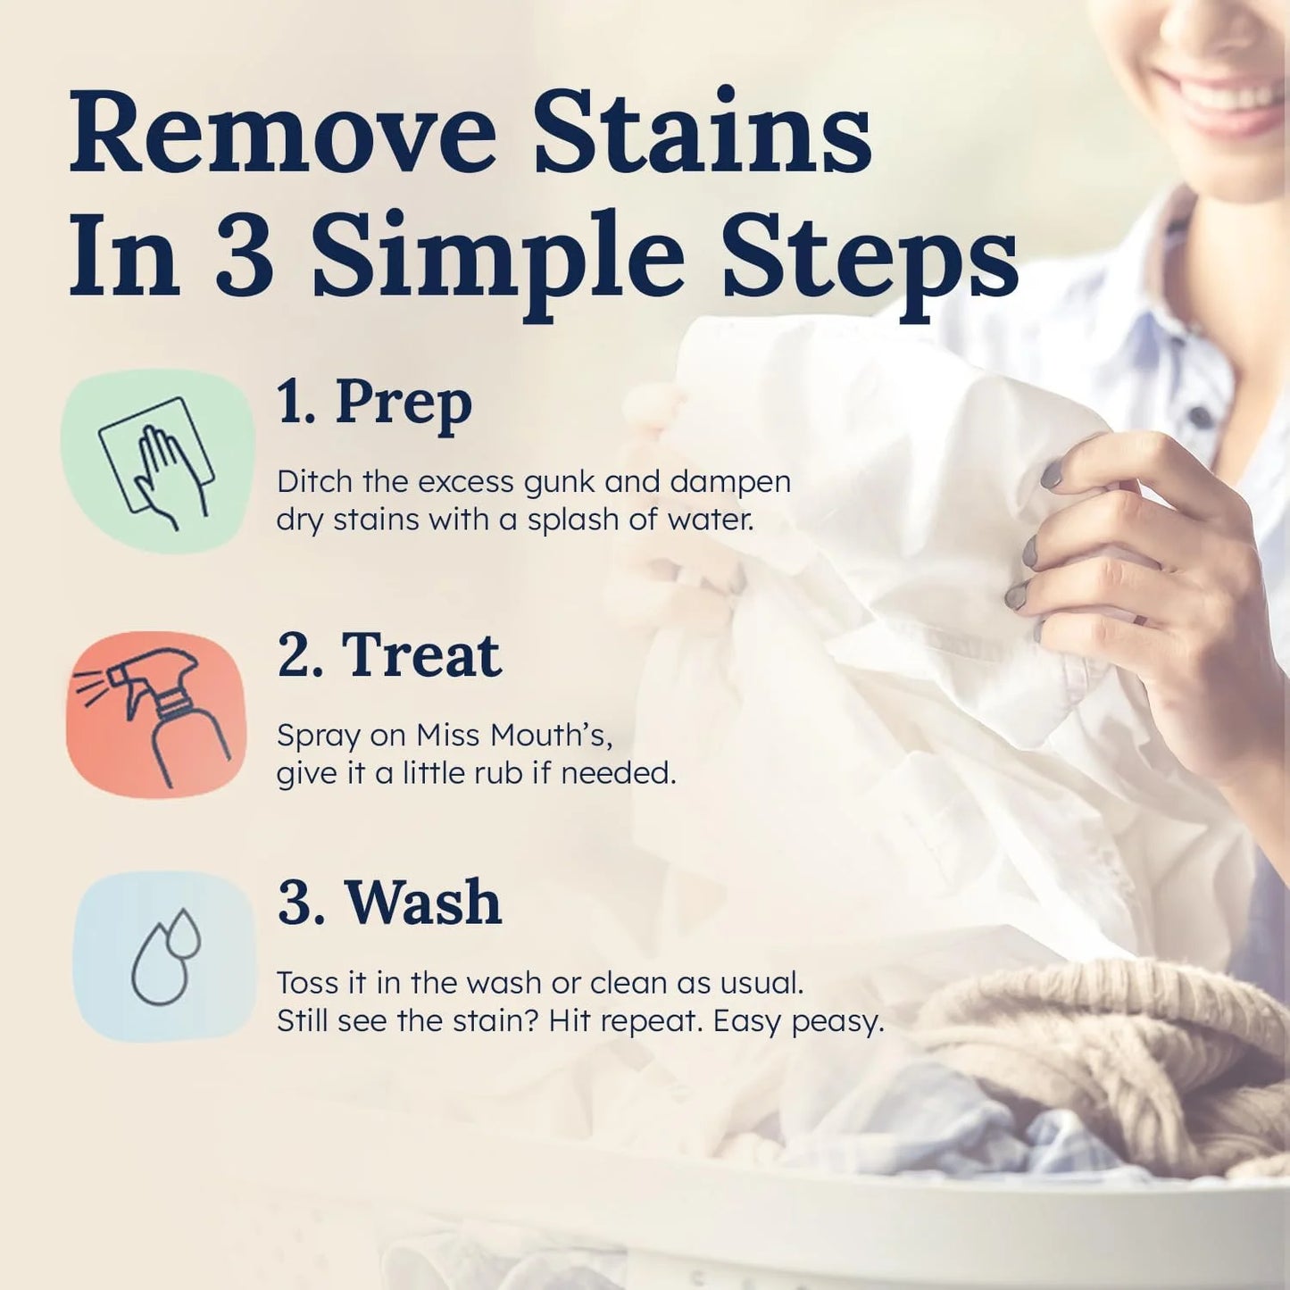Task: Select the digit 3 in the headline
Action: [245, 257]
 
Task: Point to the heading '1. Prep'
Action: [374, 404]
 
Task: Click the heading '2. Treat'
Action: [389, 656]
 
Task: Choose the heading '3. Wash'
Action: [389, 903]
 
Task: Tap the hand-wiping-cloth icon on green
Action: [158, 462]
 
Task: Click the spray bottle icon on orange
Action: [156, 714]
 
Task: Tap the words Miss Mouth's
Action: [514, 736]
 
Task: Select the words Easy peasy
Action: [798, 1020]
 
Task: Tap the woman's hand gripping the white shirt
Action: [1134, 553]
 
